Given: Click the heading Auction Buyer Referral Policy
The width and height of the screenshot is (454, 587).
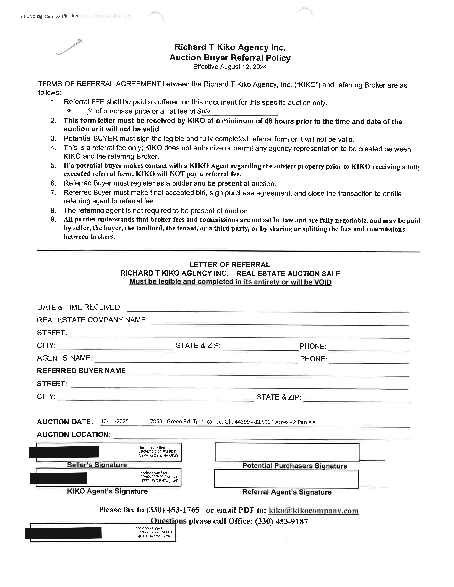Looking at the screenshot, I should pyautogui.click(x=230, y=58).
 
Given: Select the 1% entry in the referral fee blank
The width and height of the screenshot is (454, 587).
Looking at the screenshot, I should pyautogui.click(x=67, y=111).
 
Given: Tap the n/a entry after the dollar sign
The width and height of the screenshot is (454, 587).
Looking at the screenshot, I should pyautogui.click(x=206, y=111).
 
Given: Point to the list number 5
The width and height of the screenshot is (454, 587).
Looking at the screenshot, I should pyautogui.click(x=53, y=166).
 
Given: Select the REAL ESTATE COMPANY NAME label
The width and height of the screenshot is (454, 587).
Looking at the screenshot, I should pyautogui.click(x=92, y=320).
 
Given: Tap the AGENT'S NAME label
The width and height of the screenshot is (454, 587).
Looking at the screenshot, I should pyautogui.click(x=65, y=358).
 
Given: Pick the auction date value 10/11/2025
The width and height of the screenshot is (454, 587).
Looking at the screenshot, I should pyautogui.click(x=115, y=421).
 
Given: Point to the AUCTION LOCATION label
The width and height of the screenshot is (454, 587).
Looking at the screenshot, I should pyautogui.click(x=73, y=435).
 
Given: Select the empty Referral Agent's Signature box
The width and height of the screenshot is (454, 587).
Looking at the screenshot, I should pyautogui.click(x=286, y=479).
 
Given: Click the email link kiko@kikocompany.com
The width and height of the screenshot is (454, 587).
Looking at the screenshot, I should pyautogui.click(x=314, y=510).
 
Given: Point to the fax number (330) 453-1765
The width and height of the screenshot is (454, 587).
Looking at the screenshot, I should pyautogui.click(x=173, y=510).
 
